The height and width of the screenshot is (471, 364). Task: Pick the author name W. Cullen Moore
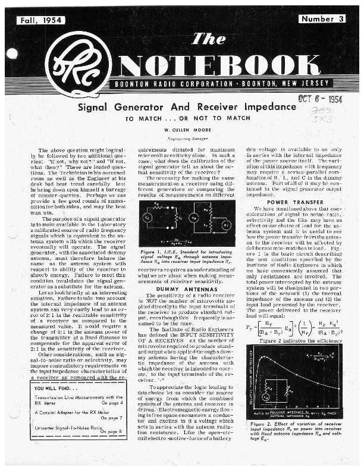pos(182,128)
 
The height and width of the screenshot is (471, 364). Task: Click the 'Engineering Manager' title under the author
pos(182,137)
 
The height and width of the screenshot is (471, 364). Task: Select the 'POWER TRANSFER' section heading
pos(287,202)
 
